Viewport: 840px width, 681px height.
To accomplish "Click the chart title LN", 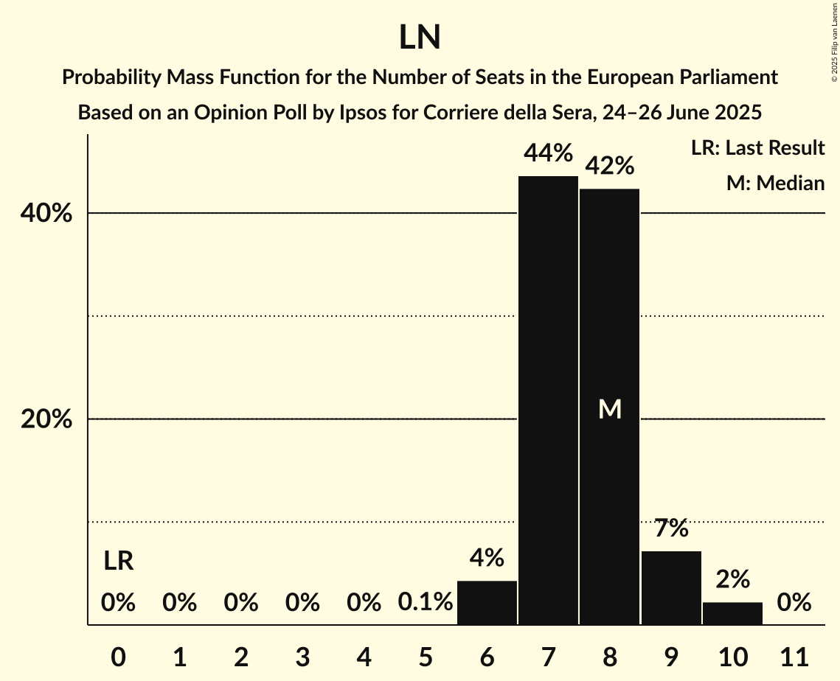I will (420, 38).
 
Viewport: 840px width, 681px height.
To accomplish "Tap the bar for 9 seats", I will (671, 587).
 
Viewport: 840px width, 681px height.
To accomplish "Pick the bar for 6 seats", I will (487, 602).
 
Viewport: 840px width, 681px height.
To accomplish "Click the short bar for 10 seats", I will (732, 613).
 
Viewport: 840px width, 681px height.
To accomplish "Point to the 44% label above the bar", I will (548, 154).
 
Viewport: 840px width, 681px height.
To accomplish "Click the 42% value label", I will (609, 167).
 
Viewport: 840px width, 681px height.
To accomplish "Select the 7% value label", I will (671, 528).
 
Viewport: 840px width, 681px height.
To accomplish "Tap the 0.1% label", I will (425, 603).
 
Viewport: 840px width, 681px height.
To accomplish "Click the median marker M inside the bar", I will (610, 409).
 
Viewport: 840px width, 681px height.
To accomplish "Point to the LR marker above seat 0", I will (118, 562).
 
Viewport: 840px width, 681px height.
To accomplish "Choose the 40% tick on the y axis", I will (46, 214).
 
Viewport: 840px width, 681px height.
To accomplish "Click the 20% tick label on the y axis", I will (46, 419).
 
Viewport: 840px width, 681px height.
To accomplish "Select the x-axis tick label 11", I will (794, 655).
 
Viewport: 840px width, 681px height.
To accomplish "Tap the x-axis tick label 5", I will (426, 655).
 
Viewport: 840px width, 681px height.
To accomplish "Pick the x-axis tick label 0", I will (118, 655).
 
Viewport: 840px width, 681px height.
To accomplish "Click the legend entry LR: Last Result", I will (757, 148).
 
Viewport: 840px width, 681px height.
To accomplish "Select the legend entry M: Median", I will (775, 184).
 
